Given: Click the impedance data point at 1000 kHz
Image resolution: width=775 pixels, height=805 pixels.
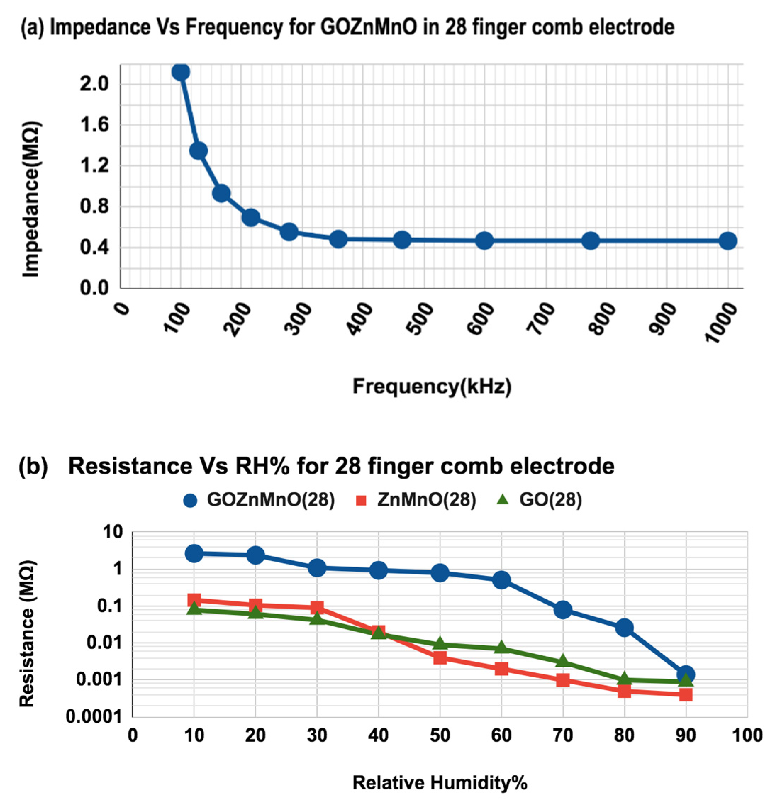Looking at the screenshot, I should pos(727,241).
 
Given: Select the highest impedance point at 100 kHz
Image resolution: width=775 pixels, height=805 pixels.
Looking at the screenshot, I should pos(181,72).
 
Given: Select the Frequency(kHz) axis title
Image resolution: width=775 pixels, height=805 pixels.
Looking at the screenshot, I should pos(432,387).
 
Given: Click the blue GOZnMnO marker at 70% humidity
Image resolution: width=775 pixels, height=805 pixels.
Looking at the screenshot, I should pos(563,610).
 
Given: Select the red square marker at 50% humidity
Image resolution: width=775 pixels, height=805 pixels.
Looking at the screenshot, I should pos(440,658).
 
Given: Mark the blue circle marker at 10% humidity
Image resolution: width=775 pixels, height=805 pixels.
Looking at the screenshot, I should pos(194,553).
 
